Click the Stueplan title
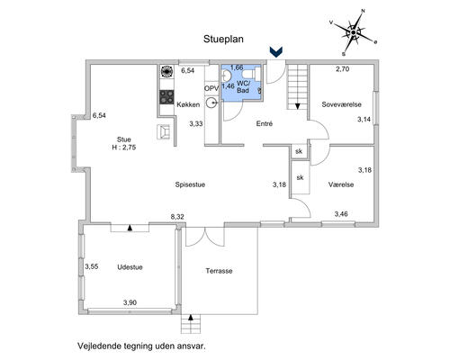pyautogui.click(x=223, y=39)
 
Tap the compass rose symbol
pyautogui.click(x=354, y=32)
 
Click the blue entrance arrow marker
pyautogui.click(x=276, y=52)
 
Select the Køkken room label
pyautogui.click(x=188, y=104)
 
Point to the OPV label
pyautogui.click(x=211, y=88)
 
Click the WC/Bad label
pyautogui.click(x=243, y=86)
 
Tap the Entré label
pyautogui.click(x=265, y=123)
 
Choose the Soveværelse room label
pyautogui.click(x=341, y=104)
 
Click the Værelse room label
pyautogui.click(x=341, y=184)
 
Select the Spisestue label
pyautogui.click(x=190, y=184)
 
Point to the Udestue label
pyautogui.click(x=130, y=267)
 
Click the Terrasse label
pyautogui.click(x=219, y=271)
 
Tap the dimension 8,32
pyautogui.click(x=177, y=217)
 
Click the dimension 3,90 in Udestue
pyautogui.click(x=130, y=302)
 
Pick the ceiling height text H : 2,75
pyautogui.click(x=124, y=148)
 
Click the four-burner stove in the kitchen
pyautogui.click(x=166, y=97)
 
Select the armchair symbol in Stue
pyautogui.click(x=164, y=131)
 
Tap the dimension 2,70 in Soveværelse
pyautogui.click(x=343, y=69)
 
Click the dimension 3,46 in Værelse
pyautogui.click(x=341, y=214)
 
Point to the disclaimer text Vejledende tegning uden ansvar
pyautogui.click(x=142, y=346)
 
